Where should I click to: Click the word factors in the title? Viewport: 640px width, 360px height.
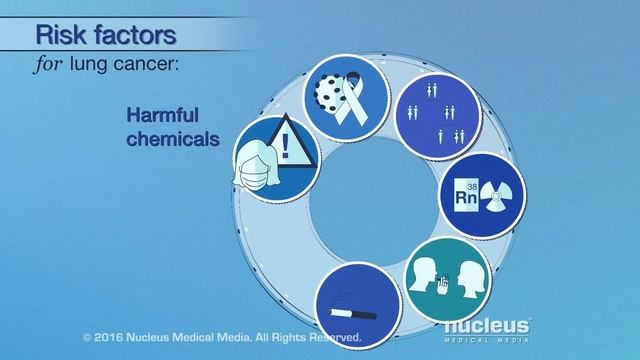(x=133, y=36)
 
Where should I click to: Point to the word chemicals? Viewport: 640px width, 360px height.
(x=172, y=139)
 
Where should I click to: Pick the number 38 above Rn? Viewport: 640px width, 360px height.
(x=473, y=186)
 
